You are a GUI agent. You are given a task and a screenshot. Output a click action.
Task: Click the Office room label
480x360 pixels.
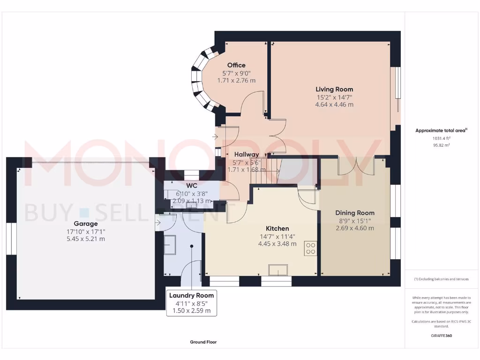(236, 65)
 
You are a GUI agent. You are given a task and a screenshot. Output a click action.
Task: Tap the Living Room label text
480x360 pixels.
(334, 89)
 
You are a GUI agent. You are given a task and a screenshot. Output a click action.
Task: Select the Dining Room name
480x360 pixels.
(355, 213)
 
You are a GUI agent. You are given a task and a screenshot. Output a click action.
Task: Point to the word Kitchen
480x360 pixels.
(277, 228)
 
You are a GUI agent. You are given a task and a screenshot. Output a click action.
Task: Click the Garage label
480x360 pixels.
(85, 224)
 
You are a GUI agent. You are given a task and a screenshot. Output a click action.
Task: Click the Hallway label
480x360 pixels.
(247, 154)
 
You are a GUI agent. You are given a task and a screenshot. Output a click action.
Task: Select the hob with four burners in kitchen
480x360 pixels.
(310, 247)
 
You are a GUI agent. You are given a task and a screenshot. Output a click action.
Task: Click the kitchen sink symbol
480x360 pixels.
(278, 270)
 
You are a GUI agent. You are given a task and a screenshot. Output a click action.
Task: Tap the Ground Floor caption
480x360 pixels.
(203, 342)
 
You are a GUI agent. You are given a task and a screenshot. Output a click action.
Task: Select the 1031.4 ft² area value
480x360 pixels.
(441, 138)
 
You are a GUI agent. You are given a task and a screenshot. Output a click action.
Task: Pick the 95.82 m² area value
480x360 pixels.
(441, 145)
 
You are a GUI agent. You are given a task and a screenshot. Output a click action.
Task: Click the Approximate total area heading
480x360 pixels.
(441, 131)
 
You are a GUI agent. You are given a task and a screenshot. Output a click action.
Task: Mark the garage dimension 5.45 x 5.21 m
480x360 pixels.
(85, 239)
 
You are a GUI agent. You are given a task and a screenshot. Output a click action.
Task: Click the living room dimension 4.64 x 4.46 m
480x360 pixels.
(334, 105)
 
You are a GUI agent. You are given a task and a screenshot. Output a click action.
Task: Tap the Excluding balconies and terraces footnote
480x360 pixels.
(441, 279)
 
